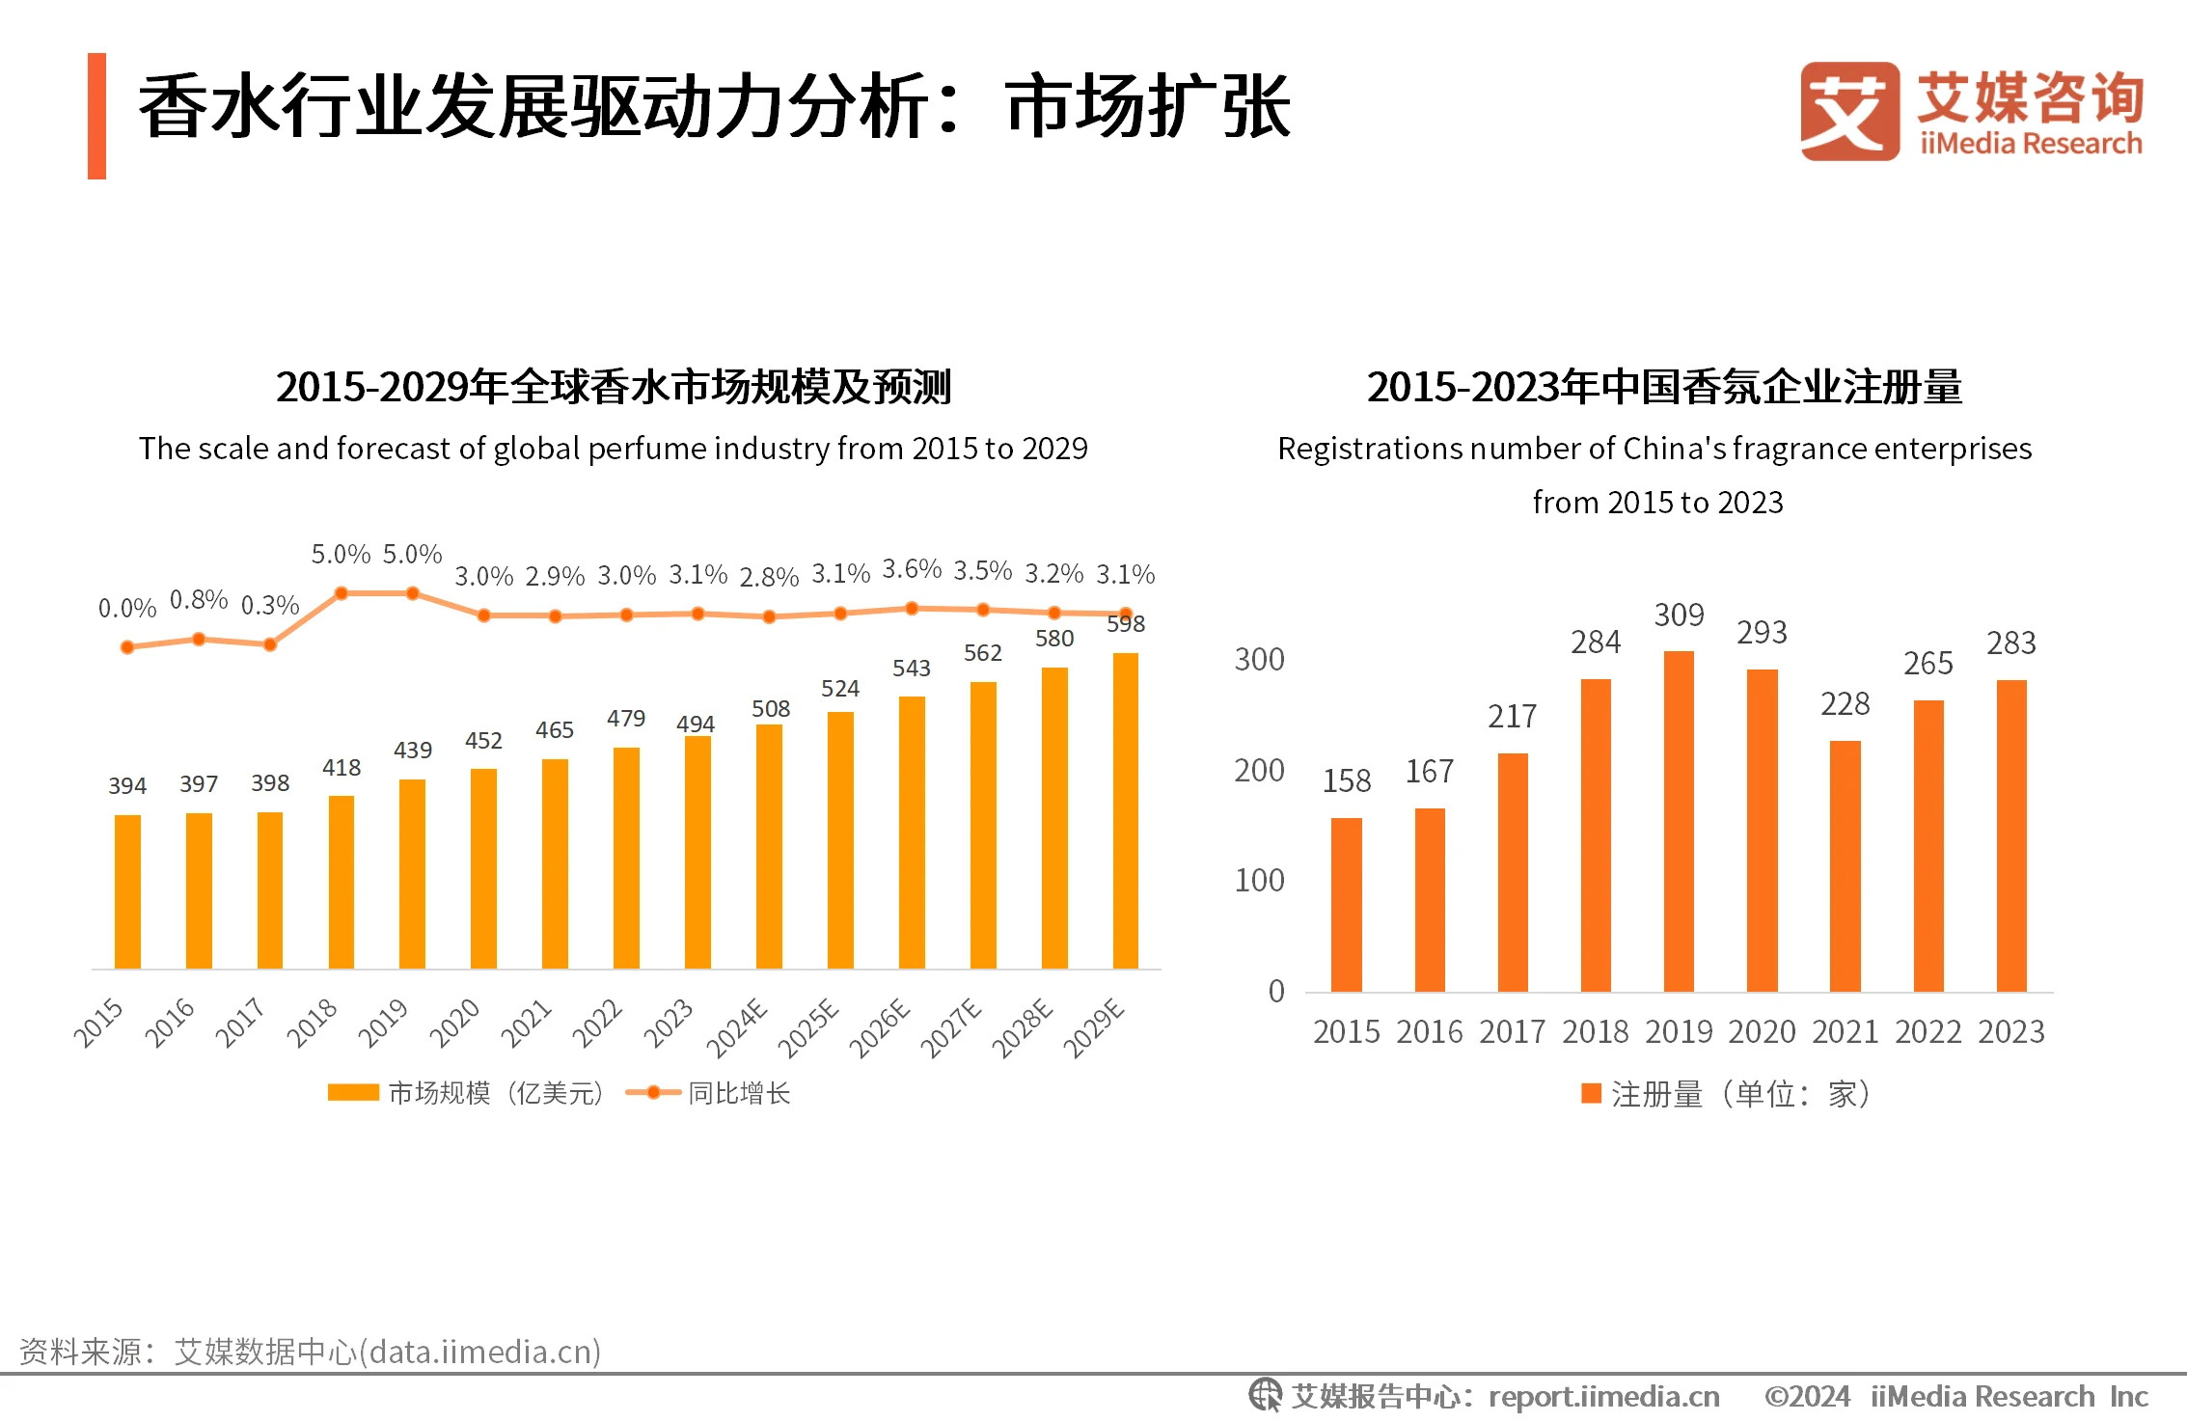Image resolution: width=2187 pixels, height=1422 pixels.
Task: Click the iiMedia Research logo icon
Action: coord(1848,111)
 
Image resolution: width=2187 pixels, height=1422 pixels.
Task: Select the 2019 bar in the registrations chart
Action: coord(1679,820)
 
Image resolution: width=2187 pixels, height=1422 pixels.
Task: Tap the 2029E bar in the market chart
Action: coord(1125,810)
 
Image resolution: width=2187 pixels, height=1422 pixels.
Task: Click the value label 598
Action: coord(1126,624)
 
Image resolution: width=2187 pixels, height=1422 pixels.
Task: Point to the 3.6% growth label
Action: coord(912,569)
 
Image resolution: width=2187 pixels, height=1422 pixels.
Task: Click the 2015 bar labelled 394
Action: coord(127,891)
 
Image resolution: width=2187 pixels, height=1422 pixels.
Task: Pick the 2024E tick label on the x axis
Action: coord(738,1028)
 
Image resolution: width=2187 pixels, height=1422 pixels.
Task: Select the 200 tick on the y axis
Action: coord(1259,771)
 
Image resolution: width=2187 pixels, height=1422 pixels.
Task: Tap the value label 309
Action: coord(1679,615)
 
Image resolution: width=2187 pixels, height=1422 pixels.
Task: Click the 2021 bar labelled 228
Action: coord(1845,865)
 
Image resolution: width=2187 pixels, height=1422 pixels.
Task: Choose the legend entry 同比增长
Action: coord(738,1093)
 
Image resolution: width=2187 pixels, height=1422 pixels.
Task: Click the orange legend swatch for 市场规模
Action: coord(353,1092)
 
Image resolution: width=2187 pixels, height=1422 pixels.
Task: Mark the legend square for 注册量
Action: coord(1591,1093)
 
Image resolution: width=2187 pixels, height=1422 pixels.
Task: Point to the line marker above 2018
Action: coord(341,593)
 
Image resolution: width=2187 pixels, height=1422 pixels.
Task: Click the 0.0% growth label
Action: coord(127,609)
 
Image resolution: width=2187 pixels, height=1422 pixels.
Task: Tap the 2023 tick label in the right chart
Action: coord(2010,1032)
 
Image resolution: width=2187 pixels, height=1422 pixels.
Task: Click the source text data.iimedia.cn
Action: coord(481,1352)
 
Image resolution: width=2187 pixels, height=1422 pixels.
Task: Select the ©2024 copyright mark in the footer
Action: coord(1806,1397)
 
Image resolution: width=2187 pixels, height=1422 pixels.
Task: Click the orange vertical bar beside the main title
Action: coord(96,116)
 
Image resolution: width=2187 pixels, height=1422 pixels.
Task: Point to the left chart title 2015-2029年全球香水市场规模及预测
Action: coord(614,387)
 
